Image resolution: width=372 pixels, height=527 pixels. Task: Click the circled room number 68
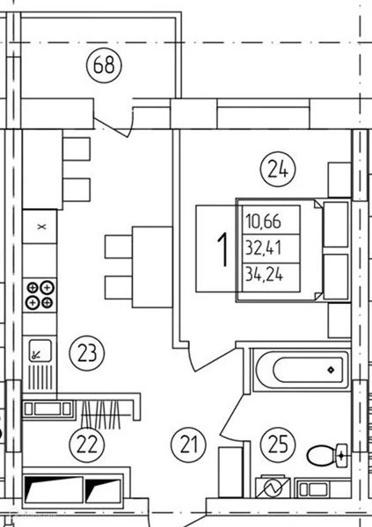tap(104, 65)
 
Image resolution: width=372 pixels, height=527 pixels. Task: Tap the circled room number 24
tap(278, 170)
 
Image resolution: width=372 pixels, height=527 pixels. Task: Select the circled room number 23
tap(87, 353)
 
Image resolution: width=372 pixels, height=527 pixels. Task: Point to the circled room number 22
tap(87, 444)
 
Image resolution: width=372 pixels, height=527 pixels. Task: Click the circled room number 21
tap(189, 444)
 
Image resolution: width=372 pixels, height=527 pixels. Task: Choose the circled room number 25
tap(278, 444)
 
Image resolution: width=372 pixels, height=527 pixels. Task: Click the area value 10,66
tap(263, 221)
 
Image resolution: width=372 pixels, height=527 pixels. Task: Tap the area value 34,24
tap(265, 275)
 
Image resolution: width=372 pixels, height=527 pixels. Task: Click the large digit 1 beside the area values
tap(222, 250)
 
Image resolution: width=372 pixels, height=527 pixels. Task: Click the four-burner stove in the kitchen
tap(40, 295)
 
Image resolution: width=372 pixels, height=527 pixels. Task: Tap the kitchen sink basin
tap(40, 350)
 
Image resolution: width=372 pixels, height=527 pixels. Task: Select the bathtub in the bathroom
tap(302, 370)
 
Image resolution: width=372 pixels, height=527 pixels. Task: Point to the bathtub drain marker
tap(331, 370)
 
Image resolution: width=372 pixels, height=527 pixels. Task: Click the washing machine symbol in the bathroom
tap(273, 487)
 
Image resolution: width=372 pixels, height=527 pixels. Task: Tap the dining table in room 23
tap(152, 267)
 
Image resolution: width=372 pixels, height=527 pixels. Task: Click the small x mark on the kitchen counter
tap(41, 227)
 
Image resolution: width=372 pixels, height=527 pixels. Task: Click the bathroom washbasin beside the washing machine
tap(314, 488)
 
